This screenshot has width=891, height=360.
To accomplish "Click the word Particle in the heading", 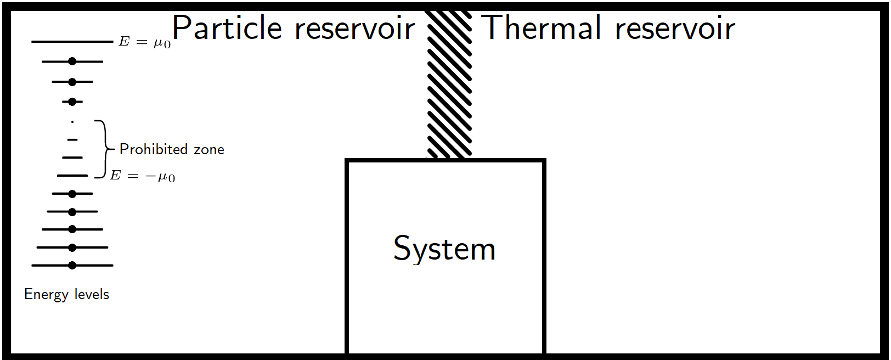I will coord(227,29).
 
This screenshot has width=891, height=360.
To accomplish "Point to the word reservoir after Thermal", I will coord(675,29).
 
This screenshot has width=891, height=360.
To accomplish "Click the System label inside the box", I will coord(444,249).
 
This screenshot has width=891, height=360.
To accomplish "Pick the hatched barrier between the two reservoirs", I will coord(449,82).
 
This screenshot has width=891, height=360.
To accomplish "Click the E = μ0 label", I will coord(145,42).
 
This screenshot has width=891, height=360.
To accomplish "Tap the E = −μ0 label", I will coord(143,176).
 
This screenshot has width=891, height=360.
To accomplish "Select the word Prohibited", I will coord(154,149).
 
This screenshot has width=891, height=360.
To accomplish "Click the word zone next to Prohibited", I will coord(209,150).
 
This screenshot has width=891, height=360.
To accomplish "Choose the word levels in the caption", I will coord(92,294).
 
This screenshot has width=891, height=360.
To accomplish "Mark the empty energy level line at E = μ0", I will coord(72,42).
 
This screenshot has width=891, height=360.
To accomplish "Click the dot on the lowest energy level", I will coord(72,266).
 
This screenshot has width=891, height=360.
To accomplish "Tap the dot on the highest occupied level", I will coord(72,61).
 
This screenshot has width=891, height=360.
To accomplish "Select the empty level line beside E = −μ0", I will coord(72,176).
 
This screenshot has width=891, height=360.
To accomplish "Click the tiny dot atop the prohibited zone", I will coord(72,122).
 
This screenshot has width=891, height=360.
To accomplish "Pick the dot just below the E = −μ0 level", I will coord(72,194).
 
